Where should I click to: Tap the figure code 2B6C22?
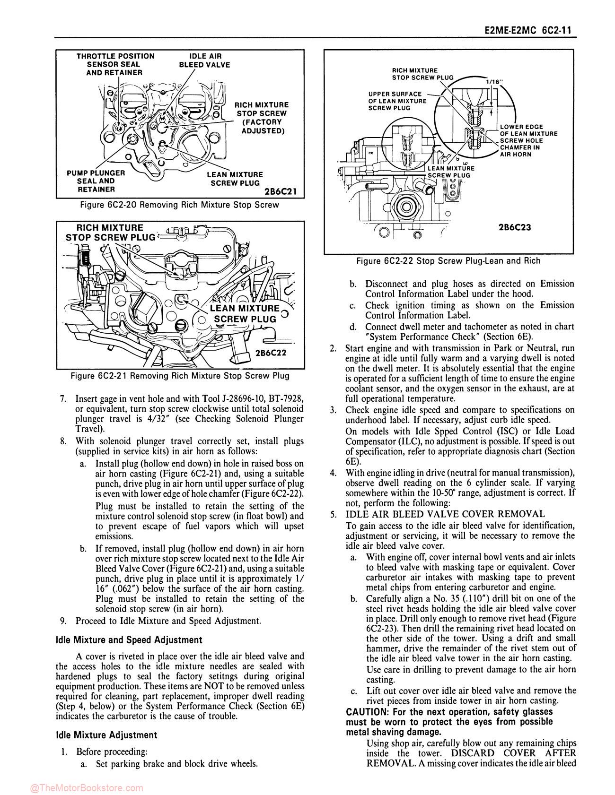271,353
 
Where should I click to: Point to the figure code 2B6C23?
515,227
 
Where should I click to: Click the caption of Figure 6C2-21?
180,376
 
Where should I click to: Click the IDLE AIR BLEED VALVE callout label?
204,60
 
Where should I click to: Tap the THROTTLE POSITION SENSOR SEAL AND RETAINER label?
115,64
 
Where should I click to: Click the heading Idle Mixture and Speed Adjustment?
129,640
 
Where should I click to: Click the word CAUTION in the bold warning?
366,712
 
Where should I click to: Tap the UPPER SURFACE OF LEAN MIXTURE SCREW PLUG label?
397,101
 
